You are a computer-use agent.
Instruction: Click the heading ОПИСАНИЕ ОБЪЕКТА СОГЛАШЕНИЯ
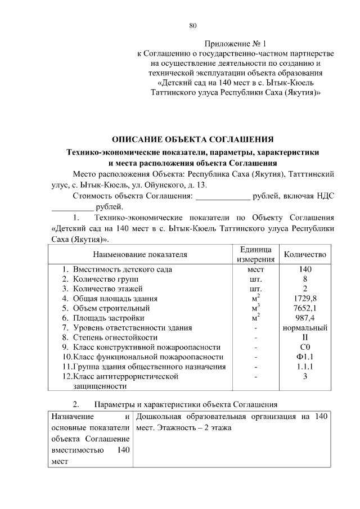click(x=193, y=139)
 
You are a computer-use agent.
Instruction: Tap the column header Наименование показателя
click(x=139, y=254)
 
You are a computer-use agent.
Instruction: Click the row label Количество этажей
click(x=109, y=289)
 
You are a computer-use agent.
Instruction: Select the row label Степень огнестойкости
click(x=115, y=337)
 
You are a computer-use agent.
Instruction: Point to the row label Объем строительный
click(x=111, y=308)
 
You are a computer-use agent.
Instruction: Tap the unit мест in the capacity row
click(x=255, y=269)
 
